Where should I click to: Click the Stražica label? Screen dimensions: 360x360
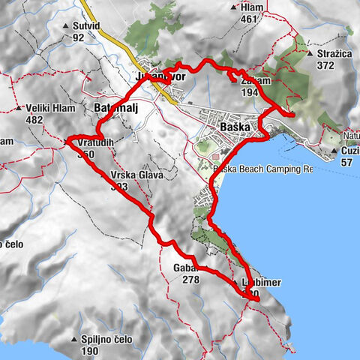[x=335, y=54]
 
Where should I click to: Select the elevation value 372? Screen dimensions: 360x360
[x=324, y=65]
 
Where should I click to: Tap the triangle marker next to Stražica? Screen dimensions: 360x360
[x=310, y=54]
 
